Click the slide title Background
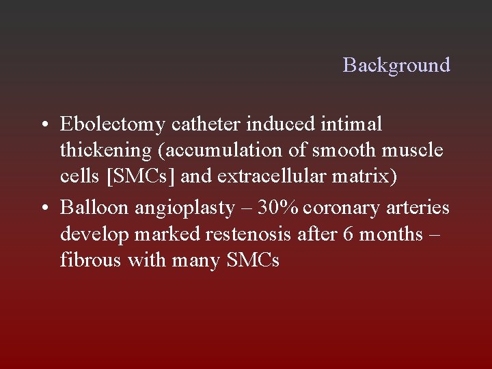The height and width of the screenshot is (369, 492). click(396, 65)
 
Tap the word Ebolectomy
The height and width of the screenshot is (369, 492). click(113, 125)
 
